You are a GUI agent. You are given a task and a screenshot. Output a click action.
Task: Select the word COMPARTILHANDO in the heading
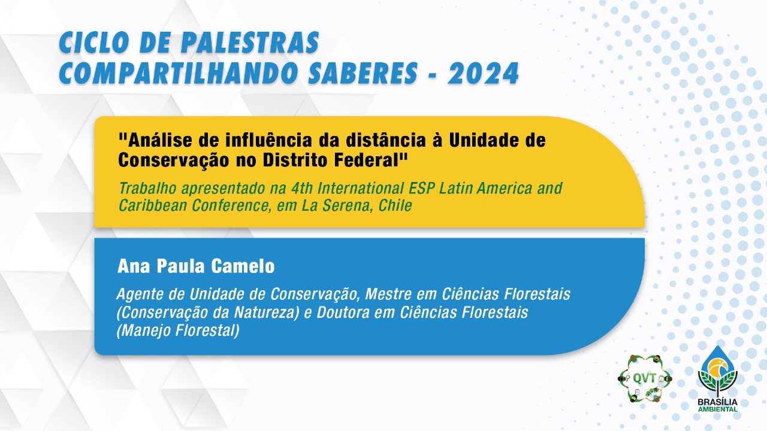tap(178, 73)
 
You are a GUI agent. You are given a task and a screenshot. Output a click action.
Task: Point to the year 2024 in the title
tap(483, 73)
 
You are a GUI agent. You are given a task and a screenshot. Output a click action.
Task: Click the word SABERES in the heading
tap(363, 73)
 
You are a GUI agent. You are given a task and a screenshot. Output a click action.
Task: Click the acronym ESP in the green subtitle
tap(421, 188)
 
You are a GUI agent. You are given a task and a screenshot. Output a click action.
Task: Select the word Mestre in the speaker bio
tap(384, 294)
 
